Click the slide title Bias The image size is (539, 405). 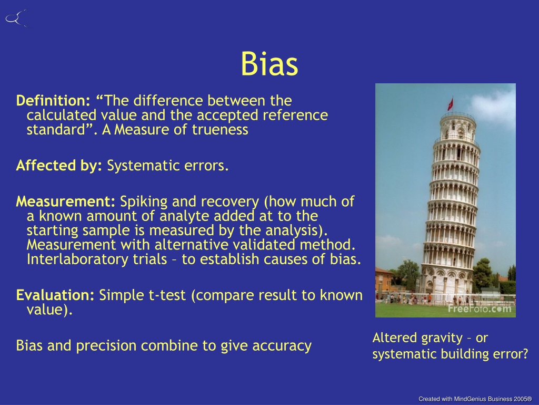point(269,64)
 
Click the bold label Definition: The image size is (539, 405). point(53,101)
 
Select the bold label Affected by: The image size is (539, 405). point(59,166)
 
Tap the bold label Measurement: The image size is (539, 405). point(66,201)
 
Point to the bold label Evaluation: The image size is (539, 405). point(55,295)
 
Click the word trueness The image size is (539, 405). point(220,130)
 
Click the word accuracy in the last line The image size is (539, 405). point(282,346)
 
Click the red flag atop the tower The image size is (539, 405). point(451,103)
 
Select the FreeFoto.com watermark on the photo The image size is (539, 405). point(479,308)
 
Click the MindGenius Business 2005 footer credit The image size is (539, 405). point(475,399)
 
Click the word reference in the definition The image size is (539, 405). point(295,115)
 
